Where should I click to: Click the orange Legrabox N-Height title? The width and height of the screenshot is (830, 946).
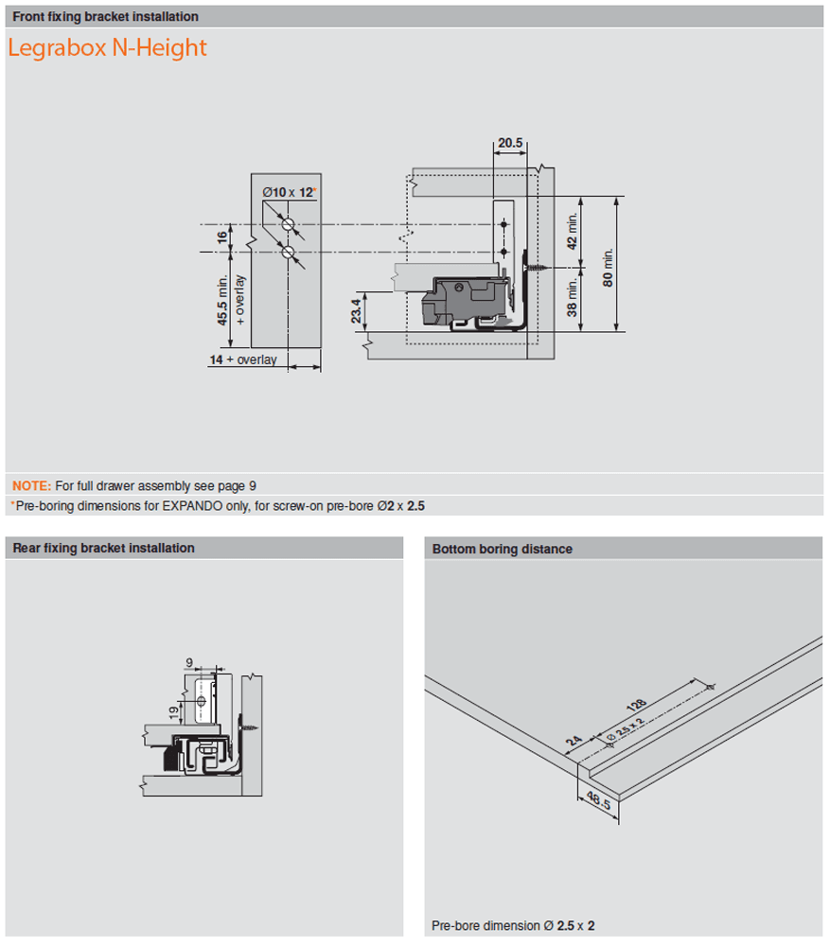107,48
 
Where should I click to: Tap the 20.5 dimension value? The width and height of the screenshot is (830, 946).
510,143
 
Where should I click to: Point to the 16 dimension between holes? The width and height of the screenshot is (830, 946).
222,237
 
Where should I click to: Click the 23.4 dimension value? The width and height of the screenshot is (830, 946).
356,310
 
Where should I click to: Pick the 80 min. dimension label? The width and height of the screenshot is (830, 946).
609,267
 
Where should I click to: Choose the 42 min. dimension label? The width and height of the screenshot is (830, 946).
571,230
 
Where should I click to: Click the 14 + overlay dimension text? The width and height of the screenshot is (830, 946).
243,360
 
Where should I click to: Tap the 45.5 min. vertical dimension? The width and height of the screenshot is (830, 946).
222,300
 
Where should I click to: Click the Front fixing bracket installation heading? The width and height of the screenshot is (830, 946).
105,17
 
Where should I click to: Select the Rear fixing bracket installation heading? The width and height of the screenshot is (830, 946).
103,548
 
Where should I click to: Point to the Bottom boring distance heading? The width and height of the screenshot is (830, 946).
502,549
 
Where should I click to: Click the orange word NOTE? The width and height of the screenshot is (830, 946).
31,486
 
